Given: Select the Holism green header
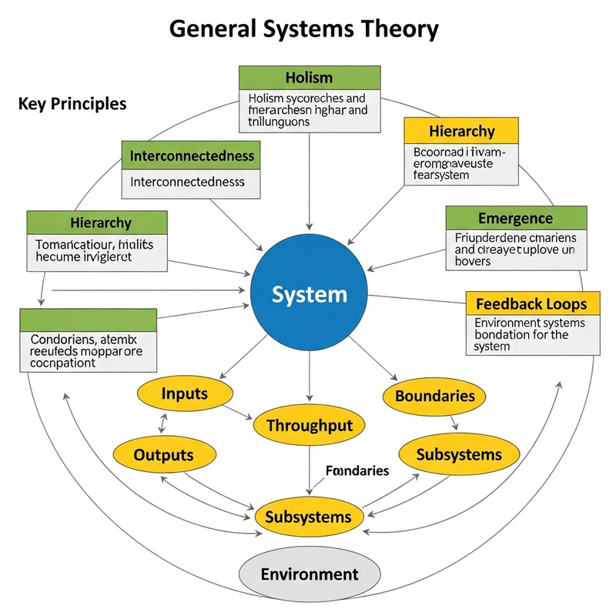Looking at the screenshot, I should tap(309, 78).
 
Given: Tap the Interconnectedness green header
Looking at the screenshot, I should tap(192, 156).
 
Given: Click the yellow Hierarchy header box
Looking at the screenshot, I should tap(461, 131).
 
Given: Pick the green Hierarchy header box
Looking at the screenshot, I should tap(97, 223).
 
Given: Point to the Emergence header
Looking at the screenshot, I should tap(515, 219).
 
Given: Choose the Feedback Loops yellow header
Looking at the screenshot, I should tap(532, 303).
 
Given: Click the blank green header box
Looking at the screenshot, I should tap(88, 320).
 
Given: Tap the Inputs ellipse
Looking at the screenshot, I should tap(185, 394).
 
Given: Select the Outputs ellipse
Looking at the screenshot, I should tap(163, 455).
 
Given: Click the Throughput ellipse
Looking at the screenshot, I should tap(309, 426).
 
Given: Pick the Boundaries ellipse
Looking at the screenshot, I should tap(434, 397).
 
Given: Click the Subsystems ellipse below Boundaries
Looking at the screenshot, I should tap(458, 454).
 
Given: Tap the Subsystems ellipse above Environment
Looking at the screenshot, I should tap(308, 517).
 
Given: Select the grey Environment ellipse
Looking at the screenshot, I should tap(310, 574).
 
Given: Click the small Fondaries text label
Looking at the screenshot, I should tap(357, 470).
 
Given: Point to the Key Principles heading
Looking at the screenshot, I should tap(72, 103).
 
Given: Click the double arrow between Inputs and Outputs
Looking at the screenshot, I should tap(163, 423).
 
